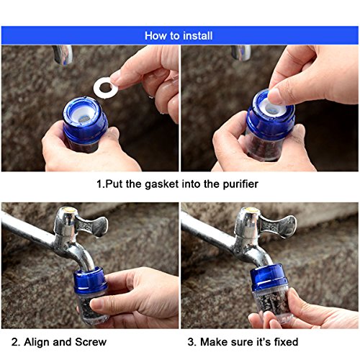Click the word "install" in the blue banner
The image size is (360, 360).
pos(197,36)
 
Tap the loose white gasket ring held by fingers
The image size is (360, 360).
pos(106,88)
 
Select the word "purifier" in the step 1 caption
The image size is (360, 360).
pos(240,184)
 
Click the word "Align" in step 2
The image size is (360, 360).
pos(37,342)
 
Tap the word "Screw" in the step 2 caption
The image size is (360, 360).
pos(91,342)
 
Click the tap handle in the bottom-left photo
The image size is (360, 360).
pos(92,225)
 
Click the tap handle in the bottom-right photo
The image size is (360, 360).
pos(279,225)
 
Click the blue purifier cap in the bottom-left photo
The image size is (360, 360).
pos(91,280)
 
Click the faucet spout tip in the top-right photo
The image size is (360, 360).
pos(241,53)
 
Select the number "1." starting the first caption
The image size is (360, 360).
pos(101,184)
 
